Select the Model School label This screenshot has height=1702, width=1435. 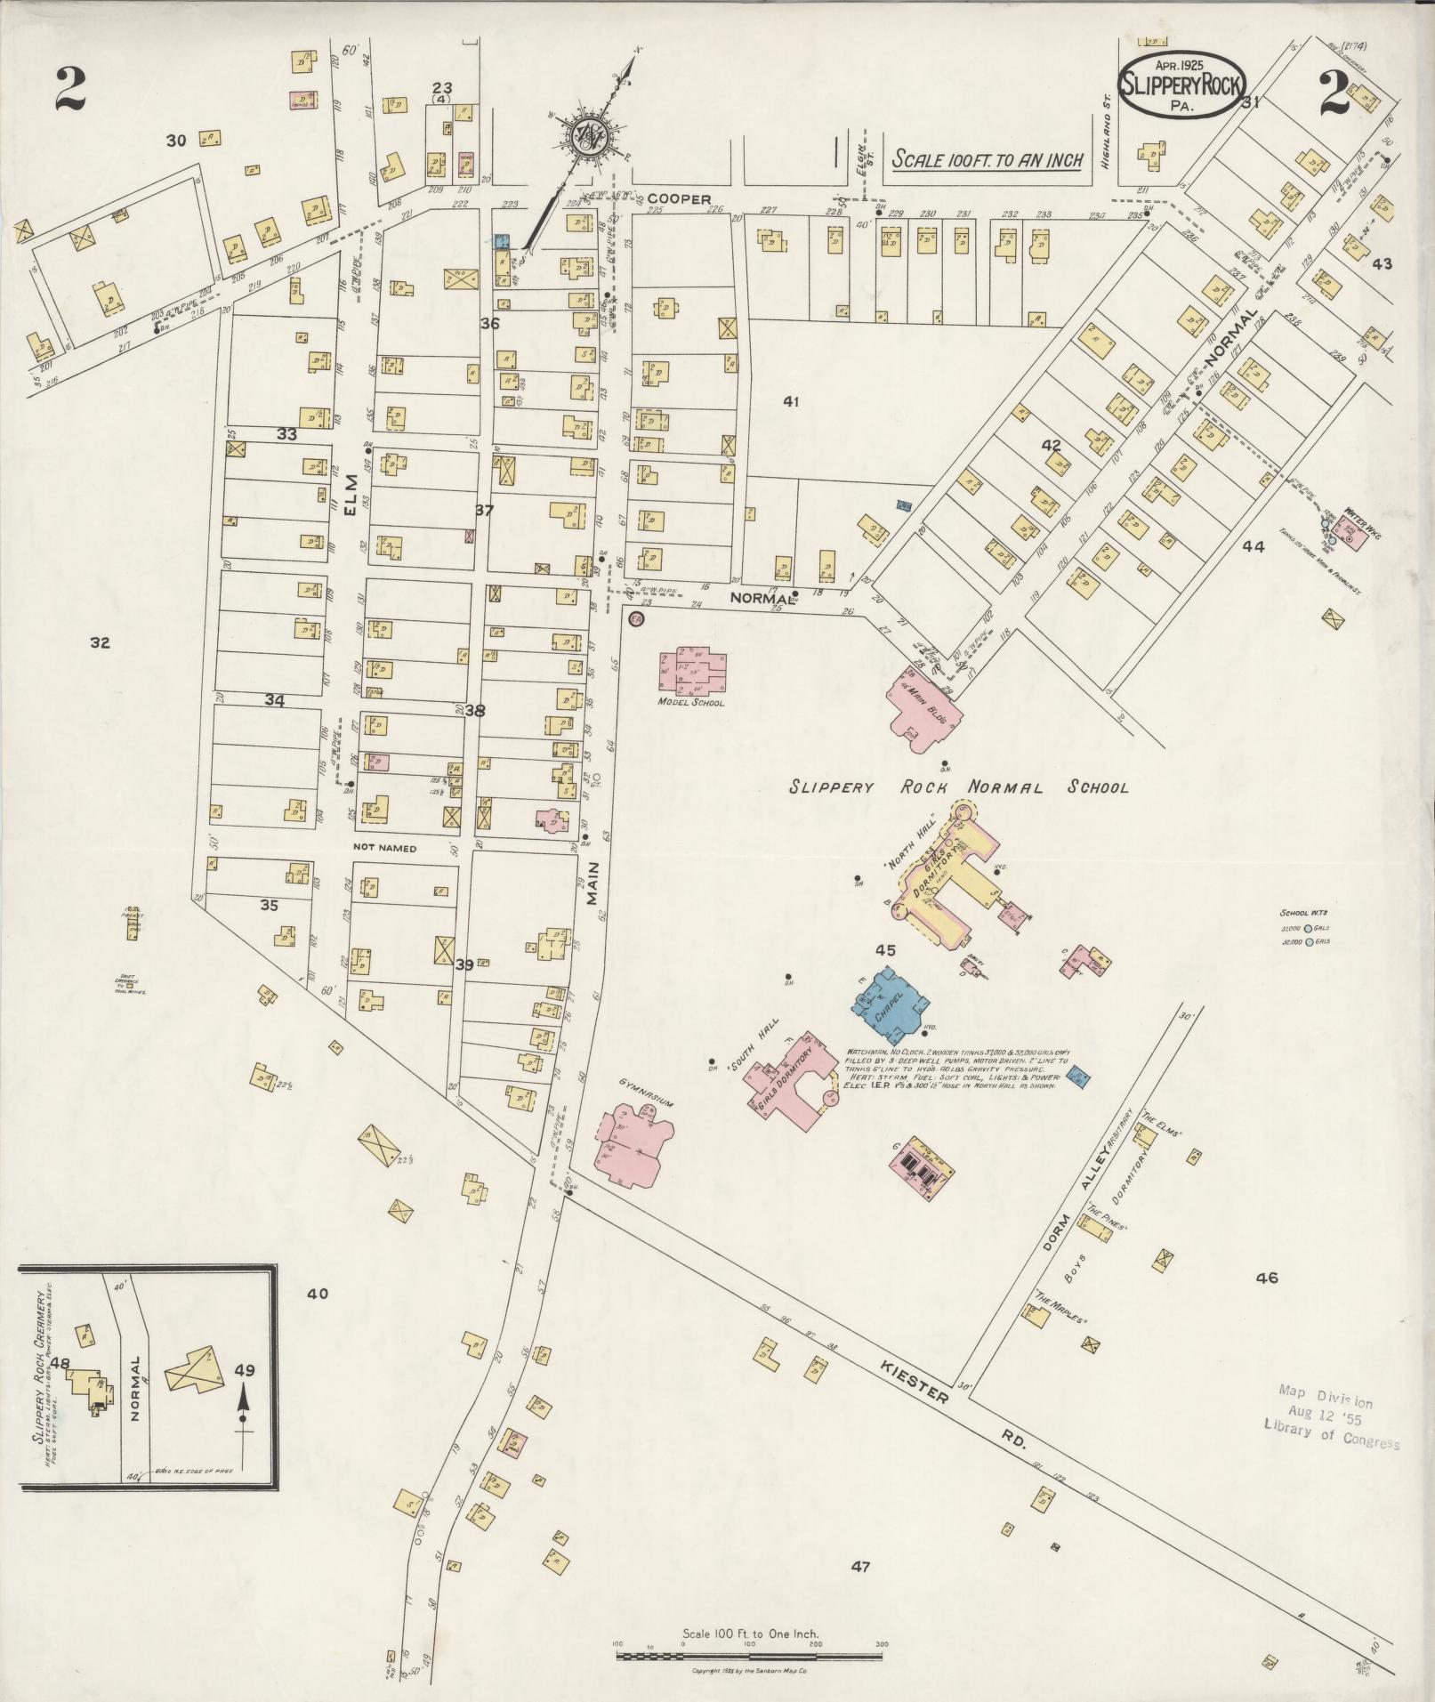click(x=690, y=703)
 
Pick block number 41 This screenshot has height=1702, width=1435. click(x=791, y=402)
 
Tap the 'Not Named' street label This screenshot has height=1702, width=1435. click(x=384, y=848)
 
